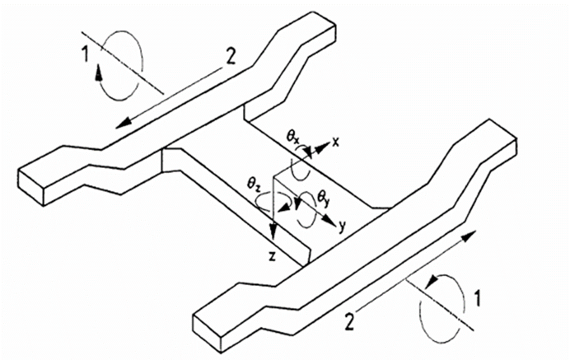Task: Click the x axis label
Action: tap(335, 142)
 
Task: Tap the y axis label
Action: tap(341, 227)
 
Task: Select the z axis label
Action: tap(272, 257)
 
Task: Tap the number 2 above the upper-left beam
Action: tap(231, 57)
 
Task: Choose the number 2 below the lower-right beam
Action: tap(349, 323)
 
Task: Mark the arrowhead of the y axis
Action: tap(329, 221)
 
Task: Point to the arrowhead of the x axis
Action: tap(321, 147)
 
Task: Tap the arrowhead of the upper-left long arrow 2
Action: tap(122, 123)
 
